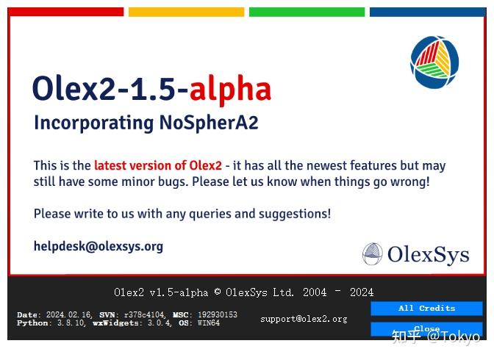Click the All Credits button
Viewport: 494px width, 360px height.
click(x=426, y=309)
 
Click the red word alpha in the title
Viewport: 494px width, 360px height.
click(x=230, y=90)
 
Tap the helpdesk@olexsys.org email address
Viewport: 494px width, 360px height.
click(x=99, y=247)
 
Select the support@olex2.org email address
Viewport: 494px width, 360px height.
click(x=304, y=319)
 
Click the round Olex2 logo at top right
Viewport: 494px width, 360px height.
click(x=434, y=62)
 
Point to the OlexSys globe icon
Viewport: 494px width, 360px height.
click(x=373, y=254)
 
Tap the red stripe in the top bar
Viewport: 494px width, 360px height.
click(x=66, y=12)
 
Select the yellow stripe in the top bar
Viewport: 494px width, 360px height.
click(x=186, y=12)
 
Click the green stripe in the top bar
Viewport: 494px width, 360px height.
click(x=307, y=12)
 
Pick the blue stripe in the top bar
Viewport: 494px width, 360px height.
click(x=428, y=12)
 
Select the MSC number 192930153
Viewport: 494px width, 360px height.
click(x=217, y=314)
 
